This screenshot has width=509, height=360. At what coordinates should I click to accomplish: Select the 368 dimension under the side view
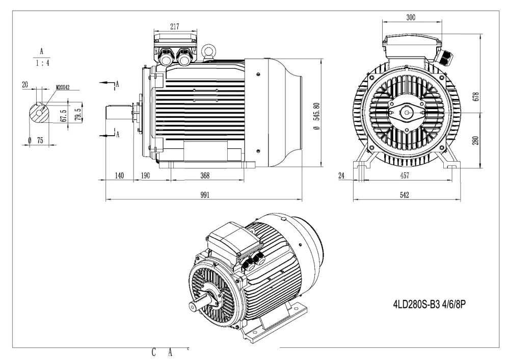coord(205,175)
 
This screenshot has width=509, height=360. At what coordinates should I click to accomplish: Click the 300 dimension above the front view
coord(411,17)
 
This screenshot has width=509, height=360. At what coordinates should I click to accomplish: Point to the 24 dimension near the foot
coord(341,175)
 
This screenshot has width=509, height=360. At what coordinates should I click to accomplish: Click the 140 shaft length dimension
coord(119,175)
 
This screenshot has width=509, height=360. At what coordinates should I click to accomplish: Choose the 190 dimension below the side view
coord(146,175)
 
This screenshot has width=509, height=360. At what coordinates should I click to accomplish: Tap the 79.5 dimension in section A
coord(77,112)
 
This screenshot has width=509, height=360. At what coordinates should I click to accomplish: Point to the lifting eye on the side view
coord(207,50)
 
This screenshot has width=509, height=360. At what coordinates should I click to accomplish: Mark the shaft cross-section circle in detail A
coord(39,112)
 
